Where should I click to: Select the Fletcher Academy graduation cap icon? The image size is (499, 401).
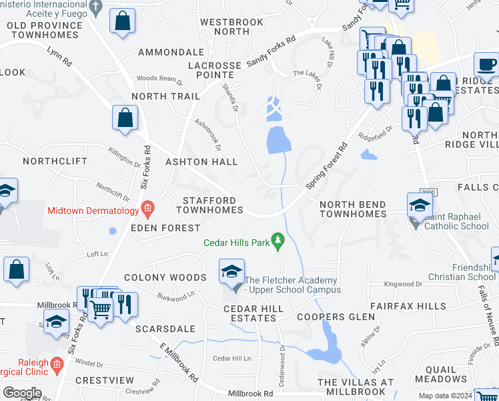tap(231, 273)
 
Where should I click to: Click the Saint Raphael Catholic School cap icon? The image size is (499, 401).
tap(420, 205)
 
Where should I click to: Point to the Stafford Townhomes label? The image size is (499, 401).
tap(209, 205)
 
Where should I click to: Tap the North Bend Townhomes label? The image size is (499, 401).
tap(352, 209)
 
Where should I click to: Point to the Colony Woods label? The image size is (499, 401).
tap(165, 277)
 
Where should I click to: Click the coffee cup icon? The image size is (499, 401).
tap(486, 65)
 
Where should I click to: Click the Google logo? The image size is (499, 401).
tap(21, 393)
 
